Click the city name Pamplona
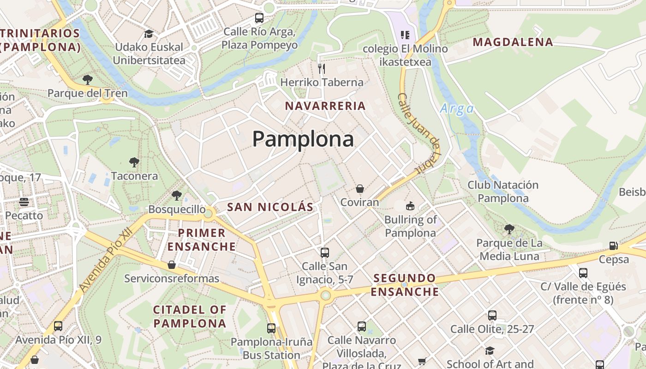303,139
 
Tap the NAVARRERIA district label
325,106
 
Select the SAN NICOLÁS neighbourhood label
270,207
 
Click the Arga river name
457,109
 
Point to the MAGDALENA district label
513,42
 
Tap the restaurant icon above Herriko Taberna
322,69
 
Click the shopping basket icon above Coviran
360,188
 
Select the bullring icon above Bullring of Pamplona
410,206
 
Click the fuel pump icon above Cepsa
613,246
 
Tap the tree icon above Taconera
134,162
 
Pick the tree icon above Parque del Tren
87,79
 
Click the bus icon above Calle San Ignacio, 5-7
325,252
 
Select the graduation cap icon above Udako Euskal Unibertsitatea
149,34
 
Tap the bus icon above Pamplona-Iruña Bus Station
271,328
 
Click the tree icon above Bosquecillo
177,196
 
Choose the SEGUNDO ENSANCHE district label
405,285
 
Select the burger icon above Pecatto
24,202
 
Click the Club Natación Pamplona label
503,192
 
